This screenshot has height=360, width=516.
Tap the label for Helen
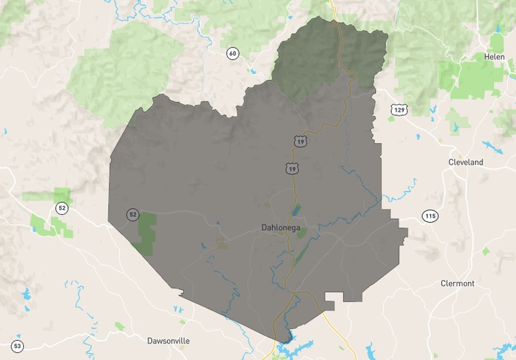tap(494, 56)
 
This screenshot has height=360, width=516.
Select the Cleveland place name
tap(466, 162)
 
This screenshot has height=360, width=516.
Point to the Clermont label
tap(458, 283)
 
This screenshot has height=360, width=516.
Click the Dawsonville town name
tap(168, 340)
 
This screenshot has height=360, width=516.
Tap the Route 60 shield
tap(233, 54)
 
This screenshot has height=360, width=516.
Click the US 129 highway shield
tap(399, 109)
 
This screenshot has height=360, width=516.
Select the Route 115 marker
tap(430, 216)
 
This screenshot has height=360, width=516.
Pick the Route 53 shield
tap(18, 346)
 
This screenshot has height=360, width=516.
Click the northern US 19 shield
tap(300, 141)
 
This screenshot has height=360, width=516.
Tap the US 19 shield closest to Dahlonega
tap(293, 168)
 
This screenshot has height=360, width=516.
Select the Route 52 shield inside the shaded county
tap(133, 214)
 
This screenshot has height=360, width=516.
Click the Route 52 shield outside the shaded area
tap(63, 207)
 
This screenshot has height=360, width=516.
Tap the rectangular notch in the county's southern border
tap(334, 297)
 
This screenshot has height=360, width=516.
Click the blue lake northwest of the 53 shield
tap(26, 294)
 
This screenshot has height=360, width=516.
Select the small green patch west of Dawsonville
tap(120, 326)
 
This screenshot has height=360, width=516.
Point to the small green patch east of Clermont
tap(486, 251)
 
